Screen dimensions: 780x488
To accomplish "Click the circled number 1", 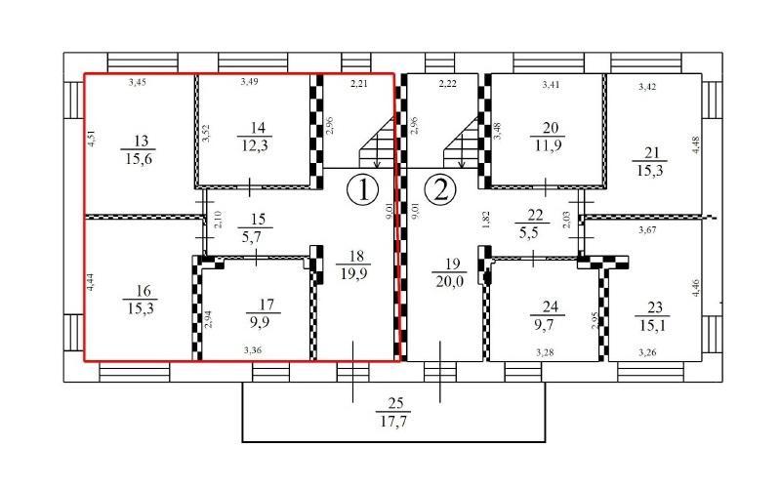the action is [362, 190].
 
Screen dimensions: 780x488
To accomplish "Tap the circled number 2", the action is [440, 190].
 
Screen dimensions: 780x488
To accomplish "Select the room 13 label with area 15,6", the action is [139, 149].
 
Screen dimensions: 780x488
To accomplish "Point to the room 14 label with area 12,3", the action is [255, 137].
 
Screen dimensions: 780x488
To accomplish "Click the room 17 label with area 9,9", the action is [264, 313].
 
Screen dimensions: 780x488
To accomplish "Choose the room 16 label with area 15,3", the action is [141, 299].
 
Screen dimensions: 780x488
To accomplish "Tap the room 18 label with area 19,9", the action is [354, 264].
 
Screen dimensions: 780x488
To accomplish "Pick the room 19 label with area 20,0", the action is [450, 272].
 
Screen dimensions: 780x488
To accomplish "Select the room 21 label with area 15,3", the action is [649, 162].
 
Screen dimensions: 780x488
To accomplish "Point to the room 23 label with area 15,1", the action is [652, 316].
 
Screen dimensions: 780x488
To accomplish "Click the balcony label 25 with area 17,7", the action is [394, 413].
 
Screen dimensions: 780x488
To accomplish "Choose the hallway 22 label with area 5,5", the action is [531, 224].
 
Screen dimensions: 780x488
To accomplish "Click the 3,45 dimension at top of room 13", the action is [138, 83].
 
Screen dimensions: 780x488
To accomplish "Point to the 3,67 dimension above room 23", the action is [647, 229].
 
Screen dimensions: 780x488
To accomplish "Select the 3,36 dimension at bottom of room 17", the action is [253, 350].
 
